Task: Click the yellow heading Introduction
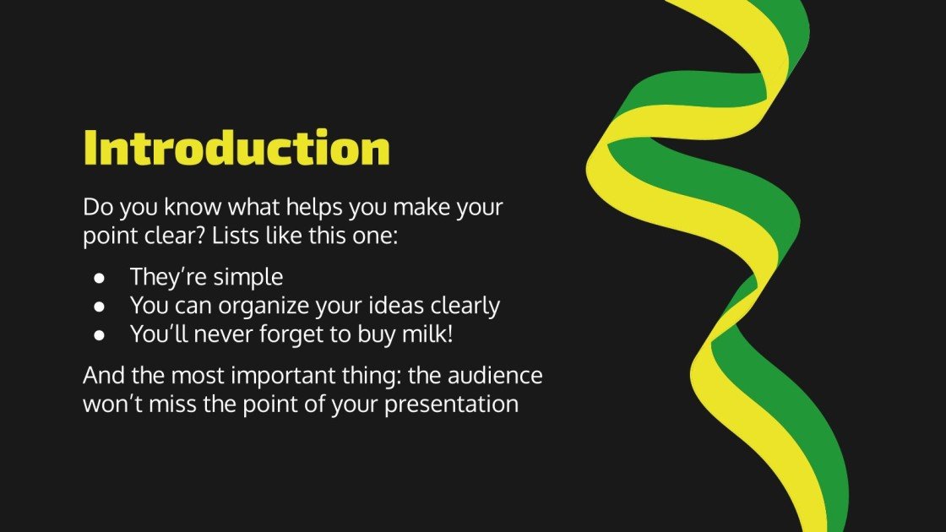(x=236, y=149)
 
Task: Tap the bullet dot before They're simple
(x=100, y=278)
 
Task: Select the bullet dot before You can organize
(x=100, y=307)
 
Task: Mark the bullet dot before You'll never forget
(x=100, y=335)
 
